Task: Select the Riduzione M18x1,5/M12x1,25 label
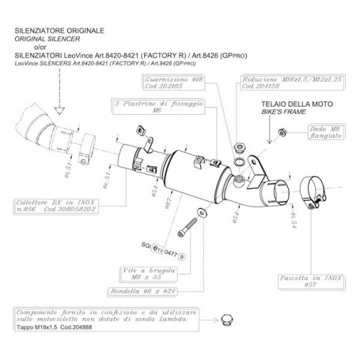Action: click(274, 83)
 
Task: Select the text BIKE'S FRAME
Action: click(299, 112)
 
